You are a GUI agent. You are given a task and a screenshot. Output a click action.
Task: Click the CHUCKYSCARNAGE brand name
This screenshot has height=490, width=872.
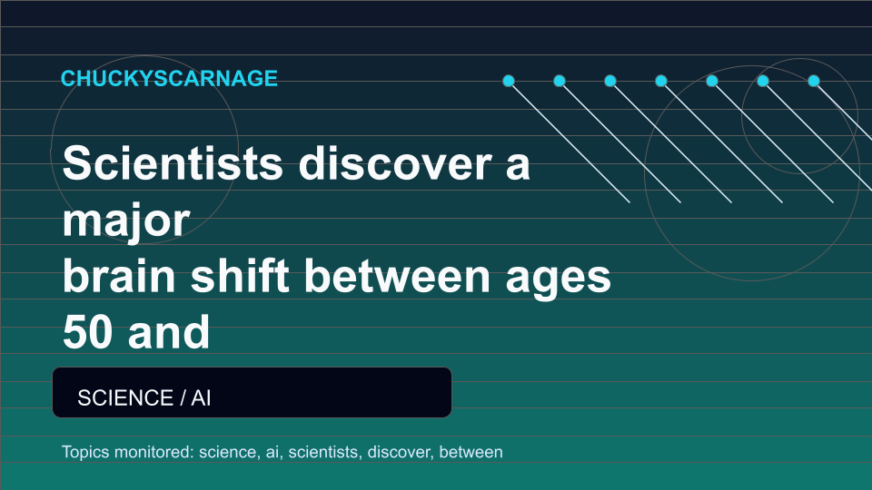tap(169, 78)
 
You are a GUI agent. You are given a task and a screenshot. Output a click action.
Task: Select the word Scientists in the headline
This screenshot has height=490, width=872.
tap(173, 162)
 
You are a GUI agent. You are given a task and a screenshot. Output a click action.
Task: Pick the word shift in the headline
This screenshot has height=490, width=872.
tap(240, 276)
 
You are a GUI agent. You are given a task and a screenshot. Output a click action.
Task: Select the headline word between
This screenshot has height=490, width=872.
tap(397, 276)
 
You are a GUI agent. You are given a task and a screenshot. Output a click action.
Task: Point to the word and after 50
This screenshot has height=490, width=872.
tap(169, 332)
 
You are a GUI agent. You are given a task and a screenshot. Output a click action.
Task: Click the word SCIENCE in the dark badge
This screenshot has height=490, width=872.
tap(125, 397)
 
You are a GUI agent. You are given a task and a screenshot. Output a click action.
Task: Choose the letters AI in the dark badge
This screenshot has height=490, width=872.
tap(201, 397)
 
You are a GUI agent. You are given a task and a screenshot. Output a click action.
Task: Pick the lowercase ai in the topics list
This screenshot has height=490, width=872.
tap(273, 452)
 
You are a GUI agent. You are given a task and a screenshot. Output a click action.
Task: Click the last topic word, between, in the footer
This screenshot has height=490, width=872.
tap(471, 452)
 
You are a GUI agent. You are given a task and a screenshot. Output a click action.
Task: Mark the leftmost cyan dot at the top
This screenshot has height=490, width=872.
tap(509, 81)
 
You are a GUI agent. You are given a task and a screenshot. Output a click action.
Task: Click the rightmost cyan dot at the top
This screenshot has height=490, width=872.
tap(814, 81)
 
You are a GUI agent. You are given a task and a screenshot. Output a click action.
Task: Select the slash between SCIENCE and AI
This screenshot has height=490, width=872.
tap(183, 397)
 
